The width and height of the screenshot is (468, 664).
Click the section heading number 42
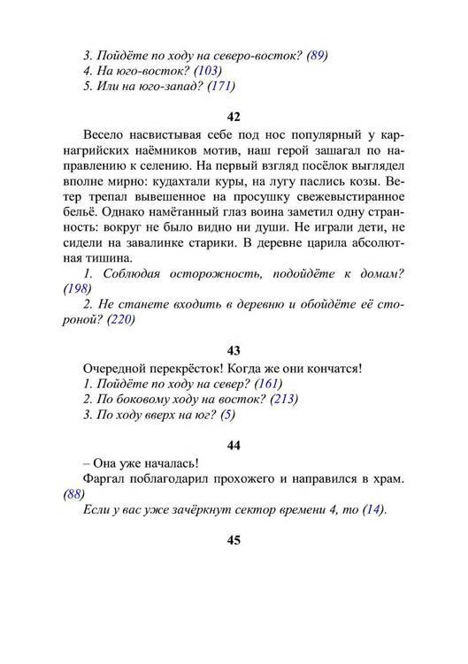click(x=234, y=115)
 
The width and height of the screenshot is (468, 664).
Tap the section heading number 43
click(x=234, y=351)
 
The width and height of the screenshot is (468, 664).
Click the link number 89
click(x=317, y=55)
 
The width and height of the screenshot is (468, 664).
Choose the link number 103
click(x=209, y=71)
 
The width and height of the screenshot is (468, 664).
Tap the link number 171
click(x=223, y=87)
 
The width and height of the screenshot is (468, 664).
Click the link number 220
click(x=120, y=320)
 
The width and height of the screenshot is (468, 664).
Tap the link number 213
click(x=286, y=400)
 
